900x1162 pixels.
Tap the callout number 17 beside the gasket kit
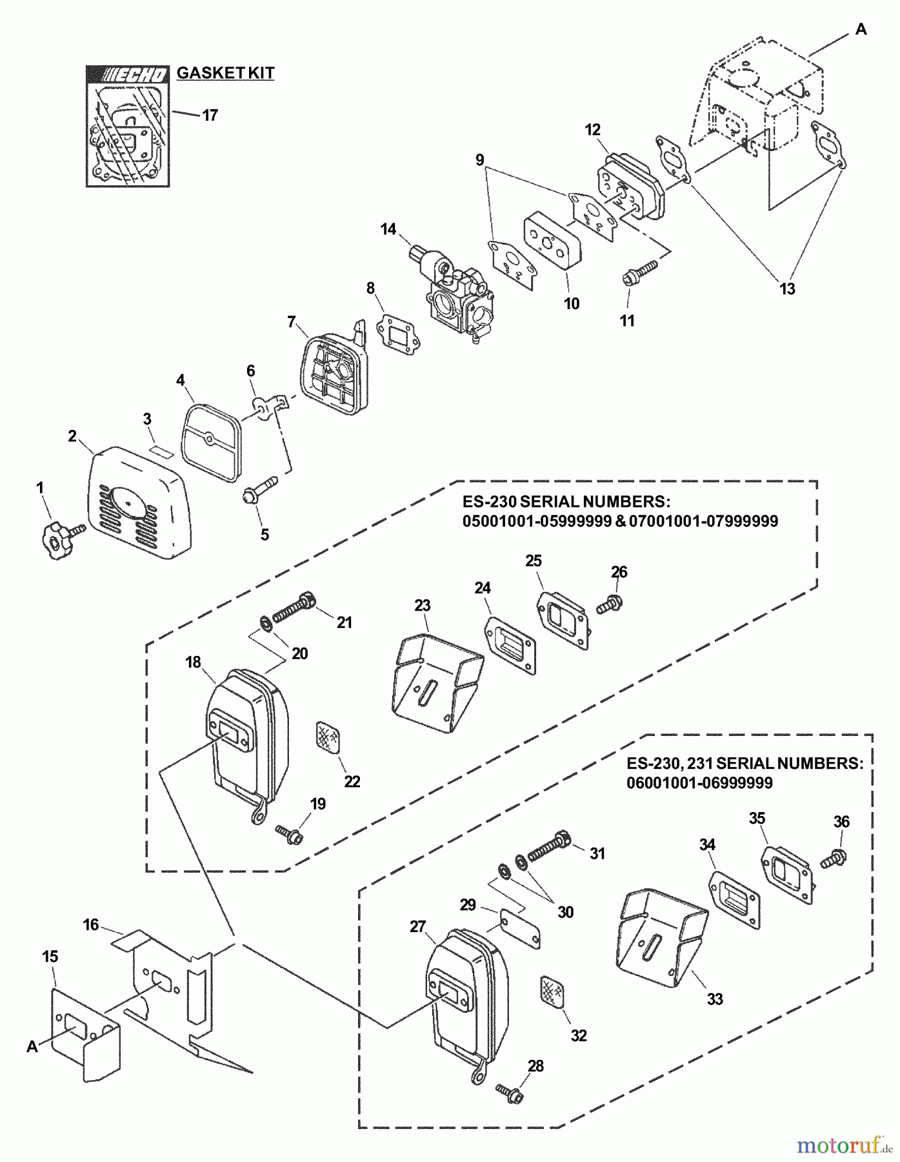point(210,116)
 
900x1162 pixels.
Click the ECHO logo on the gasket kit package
point(128,76)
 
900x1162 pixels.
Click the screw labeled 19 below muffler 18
point(290,833)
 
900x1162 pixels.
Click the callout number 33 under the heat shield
point(714,999)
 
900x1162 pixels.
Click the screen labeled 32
point(552,992)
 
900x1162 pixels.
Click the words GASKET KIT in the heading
point(226,73)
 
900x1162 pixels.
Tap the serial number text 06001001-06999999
point(699,783)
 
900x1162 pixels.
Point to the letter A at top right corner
point(861,30)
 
